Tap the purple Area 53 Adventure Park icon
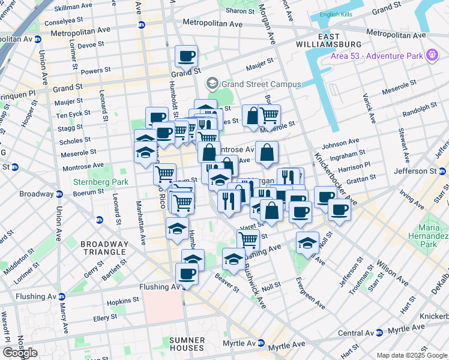[430, 56]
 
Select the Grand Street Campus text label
[261, 84]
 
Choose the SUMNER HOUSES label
[187, 344]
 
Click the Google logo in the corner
[20, 353]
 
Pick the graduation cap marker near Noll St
[307, 242]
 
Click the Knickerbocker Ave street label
[334, 179]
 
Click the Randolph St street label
[420, 109]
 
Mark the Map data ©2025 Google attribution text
[412, 355]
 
